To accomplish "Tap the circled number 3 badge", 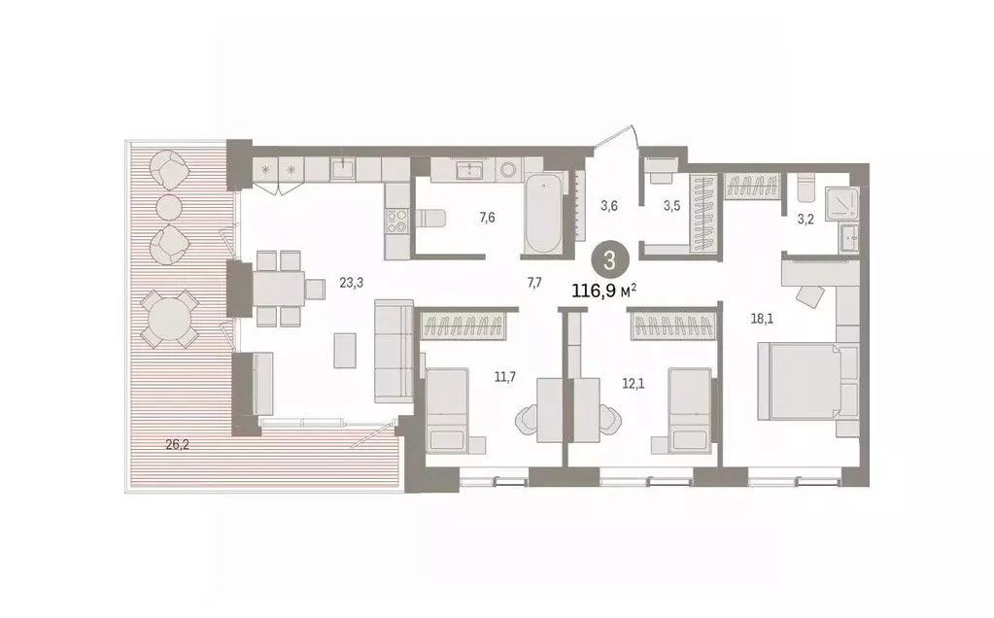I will (608, 259).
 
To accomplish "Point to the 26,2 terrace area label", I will (177, 445).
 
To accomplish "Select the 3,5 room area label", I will (671, 205).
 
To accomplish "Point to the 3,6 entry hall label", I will (609, 205).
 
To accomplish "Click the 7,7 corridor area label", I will (533, 283).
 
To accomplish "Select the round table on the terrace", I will (169, 319).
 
